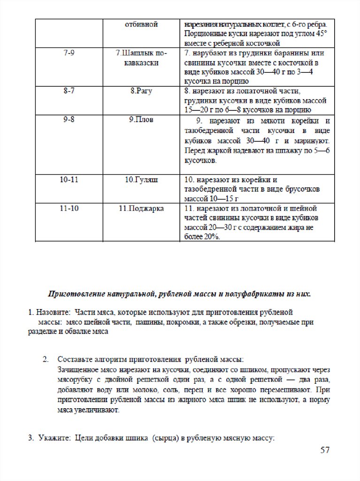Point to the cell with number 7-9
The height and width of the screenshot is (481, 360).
click(69, 53)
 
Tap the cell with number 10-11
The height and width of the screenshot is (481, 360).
click(69, 180)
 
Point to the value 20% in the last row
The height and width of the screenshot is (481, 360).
click(212, 237)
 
